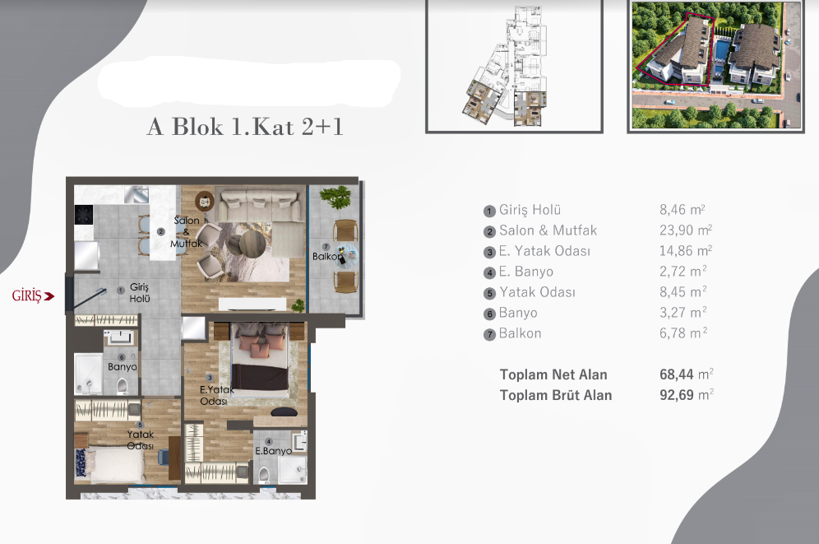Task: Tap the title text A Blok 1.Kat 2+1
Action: [244, 127]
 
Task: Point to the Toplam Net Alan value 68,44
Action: [678, 374]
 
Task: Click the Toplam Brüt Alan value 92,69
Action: [678, 395]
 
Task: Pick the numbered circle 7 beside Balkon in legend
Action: [490, 334]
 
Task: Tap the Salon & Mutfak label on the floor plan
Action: [186, 232]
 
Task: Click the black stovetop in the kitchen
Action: [86, 215]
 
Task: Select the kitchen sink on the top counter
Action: [136, 194]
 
